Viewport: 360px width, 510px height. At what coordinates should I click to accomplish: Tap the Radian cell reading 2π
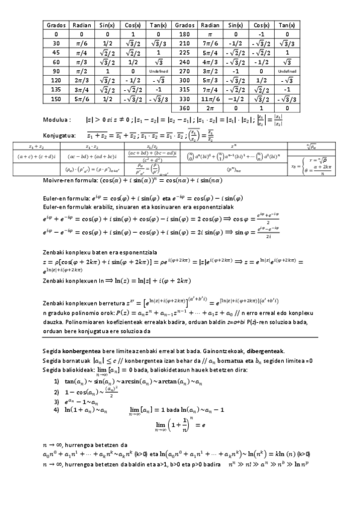click(211, 108)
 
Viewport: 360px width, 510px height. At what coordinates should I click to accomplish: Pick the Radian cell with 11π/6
click(211, 99)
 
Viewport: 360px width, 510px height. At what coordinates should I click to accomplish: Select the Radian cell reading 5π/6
click(82, 99)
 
